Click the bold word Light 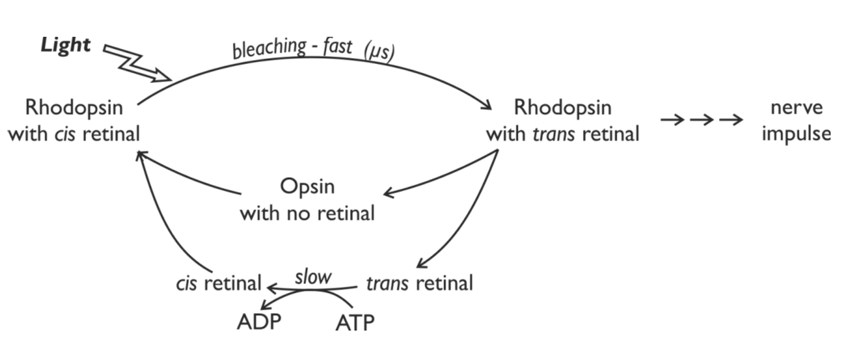point(66,45)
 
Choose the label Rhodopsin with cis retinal point(74,120)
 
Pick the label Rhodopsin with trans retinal point(562,120)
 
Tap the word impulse point(796,133)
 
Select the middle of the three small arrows point(701,120)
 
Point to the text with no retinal point(306,213)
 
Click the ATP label point(355,323)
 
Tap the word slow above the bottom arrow point(313,276)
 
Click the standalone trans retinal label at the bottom point(419,283)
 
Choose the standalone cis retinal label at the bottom point(218,283)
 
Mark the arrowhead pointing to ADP point(265,307)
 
